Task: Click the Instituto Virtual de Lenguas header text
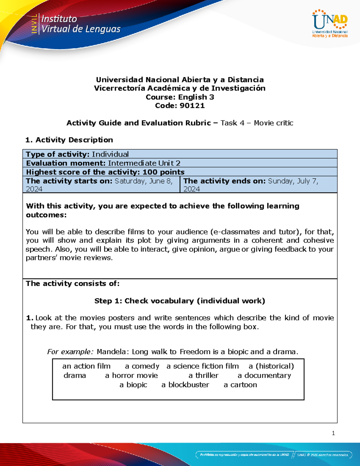pos(80,24)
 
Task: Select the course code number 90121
pos(192,106)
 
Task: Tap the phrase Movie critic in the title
pos(273,123)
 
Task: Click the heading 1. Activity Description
pos(69,140)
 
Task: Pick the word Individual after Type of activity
pos(110,154)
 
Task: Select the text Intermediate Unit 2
pos(144,163)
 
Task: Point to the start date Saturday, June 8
pos(143,181)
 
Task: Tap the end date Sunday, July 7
pos(293,181)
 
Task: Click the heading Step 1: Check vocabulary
pos(180,301)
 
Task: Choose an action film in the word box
pos(86,366)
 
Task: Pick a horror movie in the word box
pos(131,376)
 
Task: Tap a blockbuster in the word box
pos(185,385)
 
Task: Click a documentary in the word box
pos(264,376)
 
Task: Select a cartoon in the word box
pos(240,385)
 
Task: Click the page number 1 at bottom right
pos(333,433)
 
